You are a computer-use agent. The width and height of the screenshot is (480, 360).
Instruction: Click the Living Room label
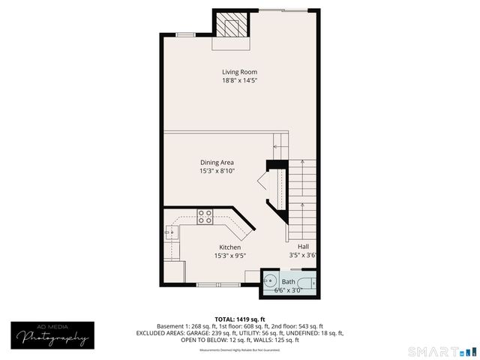point(239,72)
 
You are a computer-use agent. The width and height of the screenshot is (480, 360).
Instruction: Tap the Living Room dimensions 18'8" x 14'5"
point(239,80)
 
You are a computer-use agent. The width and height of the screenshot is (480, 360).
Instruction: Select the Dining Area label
point(217,163)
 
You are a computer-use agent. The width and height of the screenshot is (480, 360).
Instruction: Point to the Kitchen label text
point(229,247)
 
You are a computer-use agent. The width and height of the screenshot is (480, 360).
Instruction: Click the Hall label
point(303,247)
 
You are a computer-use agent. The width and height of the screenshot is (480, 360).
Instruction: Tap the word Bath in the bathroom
point(288,282)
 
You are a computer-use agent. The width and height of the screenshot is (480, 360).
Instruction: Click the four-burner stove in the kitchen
point(205,217)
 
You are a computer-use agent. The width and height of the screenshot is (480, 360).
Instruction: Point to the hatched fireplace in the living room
point(230,25)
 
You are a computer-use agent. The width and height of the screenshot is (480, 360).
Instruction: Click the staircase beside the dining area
point(302,195)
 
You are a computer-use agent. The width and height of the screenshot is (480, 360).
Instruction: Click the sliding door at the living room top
point(283,10)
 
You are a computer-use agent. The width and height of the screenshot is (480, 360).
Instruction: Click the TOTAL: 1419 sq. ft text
point(240,319)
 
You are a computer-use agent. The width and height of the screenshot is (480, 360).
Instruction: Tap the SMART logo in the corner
point(441,351)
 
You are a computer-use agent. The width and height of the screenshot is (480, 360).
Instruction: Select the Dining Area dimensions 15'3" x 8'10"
point(217,171)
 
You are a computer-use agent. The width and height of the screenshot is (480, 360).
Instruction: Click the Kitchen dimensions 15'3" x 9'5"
point(229,256)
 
